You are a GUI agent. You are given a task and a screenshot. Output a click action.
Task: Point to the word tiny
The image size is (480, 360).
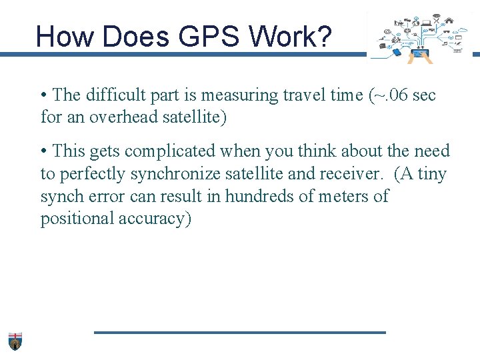432,174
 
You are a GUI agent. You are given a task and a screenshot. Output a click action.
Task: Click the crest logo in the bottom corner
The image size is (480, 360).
15,341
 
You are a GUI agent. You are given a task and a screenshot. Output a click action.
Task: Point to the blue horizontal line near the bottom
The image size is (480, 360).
240,332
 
